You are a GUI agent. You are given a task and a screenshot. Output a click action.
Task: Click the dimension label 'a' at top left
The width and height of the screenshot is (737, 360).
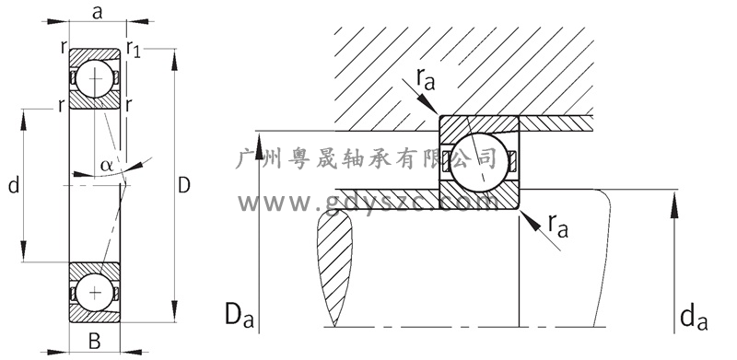[x=97, y=13]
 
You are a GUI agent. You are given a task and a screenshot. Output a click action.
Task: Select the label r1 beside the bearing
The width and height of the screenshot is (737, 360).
[x=134, y=49]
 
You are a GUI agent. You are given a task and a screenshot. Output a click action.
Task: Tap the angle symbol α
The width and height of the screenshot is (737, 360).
[x=107, y=165]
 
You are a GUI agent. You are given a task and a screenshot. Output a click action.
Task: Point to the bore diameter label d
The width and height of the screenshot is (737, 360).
[x=14, y=186]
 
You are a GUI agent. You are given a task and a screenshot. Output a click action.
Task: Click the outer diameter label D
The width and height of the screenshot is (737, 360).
[x=184, y=185]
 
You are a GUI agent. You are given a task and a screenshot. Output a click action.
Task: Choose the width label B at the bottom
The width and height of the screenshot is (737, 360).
[x=95, y=342]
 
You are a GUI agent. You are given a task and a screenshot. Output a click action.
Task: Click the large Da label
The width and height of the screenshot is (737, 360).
[x=240, y=316]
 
